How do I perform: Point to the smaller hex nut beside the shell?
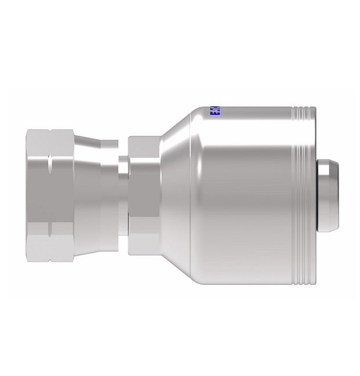(143, 193)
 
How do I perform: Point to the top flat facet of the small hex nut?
(143, 144)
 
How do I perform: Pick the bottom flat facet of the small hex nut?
(143, 242)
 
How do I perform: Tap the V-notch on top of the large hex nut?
(49, 133)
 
